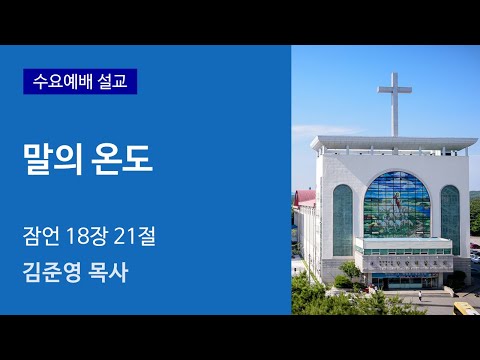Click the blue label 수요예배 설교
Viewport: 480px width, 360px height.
(x=80, y=81)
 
